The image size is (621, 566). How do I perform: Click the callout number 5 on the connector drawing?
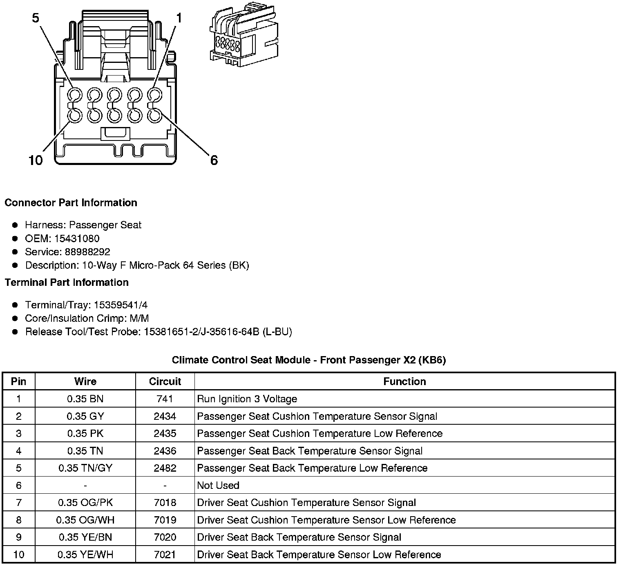pos(36,18)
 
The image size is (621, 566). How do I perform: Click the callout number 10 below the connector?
pos(36,160)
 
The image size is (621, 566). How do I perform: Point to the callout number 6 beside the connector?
pos(214,160)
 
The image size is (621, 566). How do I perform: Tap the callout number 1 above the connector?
pos(179,18)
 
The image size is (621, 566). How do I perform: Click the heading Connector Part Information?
pos(71,203)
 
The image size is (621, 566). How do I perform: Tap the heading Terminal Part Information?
pos(67,283)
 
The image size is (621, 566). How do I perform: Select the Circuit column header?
pos(165,381)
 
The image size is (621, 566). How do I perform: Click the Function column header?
pos(404,381)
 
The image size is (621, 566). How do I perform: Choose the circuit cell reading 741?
pos(165,399)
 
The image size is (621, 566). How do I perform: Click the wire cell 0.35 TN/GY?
pos(85,468)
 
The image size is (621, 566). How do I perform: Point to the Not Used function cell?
pos(218,486)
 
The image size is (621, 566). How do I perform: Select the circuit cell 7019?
pos(165,520)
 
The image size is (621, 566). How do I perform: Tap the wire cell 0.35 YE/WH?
pos(85,555)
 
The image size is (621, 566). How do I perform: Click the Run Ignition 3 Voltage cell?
pos(247,399)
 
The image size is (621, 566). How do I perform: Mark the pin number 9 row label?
pos(18,537)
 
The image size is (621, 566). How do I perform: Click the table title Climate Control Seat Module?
pos(308,360)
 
